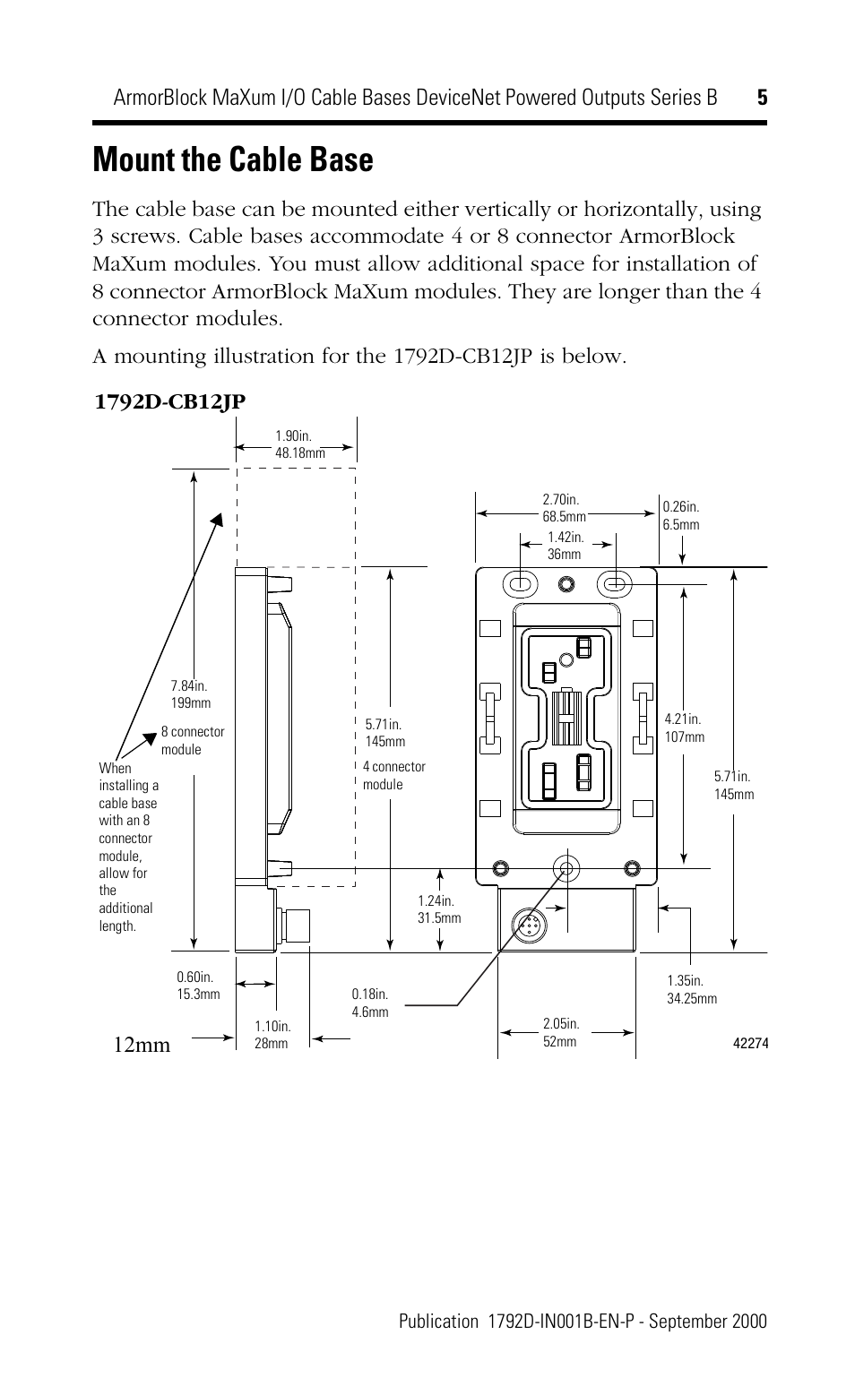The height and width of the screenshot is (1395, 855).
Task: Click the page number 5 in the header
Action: coord(762,98)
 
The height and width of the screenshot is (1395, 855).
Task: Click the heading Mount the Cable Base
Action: coord(232,160)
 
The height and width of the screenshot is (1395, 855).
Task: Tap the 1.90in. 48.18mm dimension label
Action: coord(299,444)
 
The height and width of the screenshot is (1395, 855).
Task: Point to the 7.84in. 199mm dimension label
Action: coord(190,694)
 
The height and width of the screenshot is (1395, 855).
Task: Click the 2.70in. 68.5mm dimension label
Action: coord(564,508)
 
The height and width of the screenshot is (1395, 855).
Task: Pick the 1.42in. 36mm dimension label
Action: coord(565,546)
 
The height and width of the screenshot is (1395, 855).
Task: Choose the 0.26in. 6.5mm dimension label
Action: coord(680,515)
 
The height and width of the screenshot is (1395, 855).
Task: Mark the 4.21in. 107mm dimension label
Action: coord(684,728)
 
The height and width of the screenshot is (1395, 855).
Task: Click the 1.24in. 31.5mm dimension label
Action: coord(439,909)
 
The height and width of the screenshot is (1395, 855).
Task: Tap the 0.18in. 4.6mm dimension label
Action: coord(370,1003)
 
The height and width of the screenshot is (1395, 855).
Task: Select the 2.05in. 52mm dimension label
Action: coord(561,1032)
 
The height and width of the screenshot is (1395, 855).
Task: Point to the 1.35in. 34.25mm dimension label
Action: coord(691,989)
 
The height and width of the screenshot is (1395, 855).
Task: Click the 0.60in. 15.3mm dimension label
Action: coord(198,986)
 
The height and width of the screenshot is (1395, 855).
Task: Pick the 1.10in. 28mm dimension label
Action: coord(272,1035)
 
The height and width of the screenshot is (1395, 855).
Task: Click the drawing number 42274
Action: coord(751,1043)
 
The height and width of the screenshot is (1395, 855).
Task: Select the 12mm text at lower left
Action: coord(142,1045)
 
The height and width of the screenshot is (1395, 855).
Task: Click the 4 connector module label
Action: coord(393,775)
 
